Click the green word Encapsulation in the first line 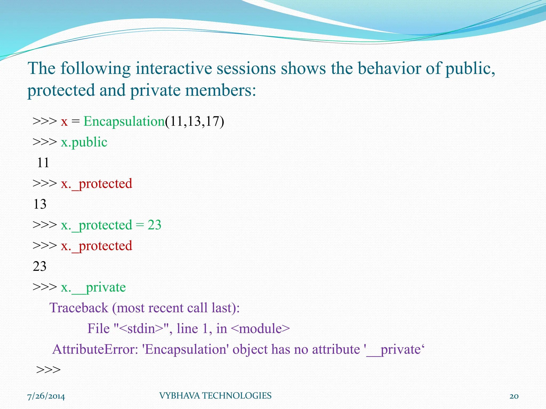pos(124,121)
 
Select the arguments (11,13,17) pos(195,121)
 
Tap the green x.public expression pos(84,142)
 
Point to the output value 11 pos(43,163)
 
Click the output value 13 pos(40,204)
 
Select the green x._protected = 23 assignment pos(111,225)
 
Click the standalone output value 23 pos(40,266)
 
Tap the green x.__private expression pos(93,287)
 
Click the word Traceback pos(79,308)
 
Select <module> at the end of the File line pos(260,329)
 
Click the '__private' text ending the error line pos(394,349)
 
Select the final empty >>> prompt pos(49,370)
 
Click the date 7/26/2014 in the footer pos(46,396)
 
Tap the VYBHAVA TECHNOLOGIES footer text pos(215,396)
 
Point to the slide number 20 pos(514,396)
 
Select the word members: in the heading pos(220,90)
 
